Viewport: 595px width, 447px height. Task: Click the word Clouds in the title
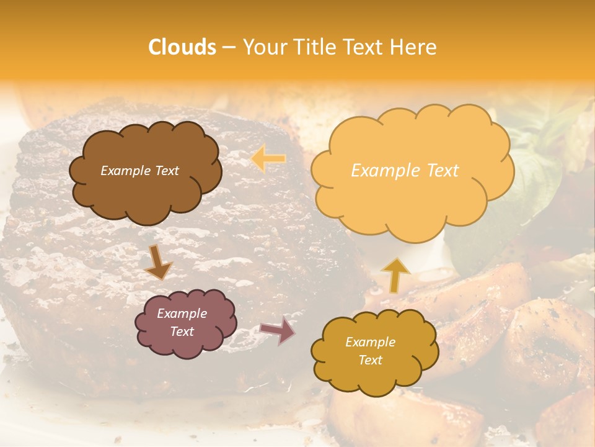[x=182, y=47]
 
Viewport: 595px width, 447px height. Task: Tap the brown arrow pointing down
[x=158, y=263]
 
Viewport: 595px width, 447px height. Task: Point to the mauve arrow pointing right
[x=277, y=330]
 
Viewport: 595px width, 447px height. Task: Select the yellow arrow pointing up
[x=395, y=274]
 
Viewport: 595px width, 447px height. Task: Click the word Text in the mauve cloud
[x=182, y=332]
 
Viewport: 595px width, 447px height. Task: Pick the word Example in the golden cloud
[x=370, y=342]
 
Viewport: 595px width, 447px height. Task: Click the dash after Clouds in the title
[x=228, y=47]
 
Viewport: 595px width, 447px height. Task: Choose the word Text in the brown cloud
[x=166, y=171]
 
